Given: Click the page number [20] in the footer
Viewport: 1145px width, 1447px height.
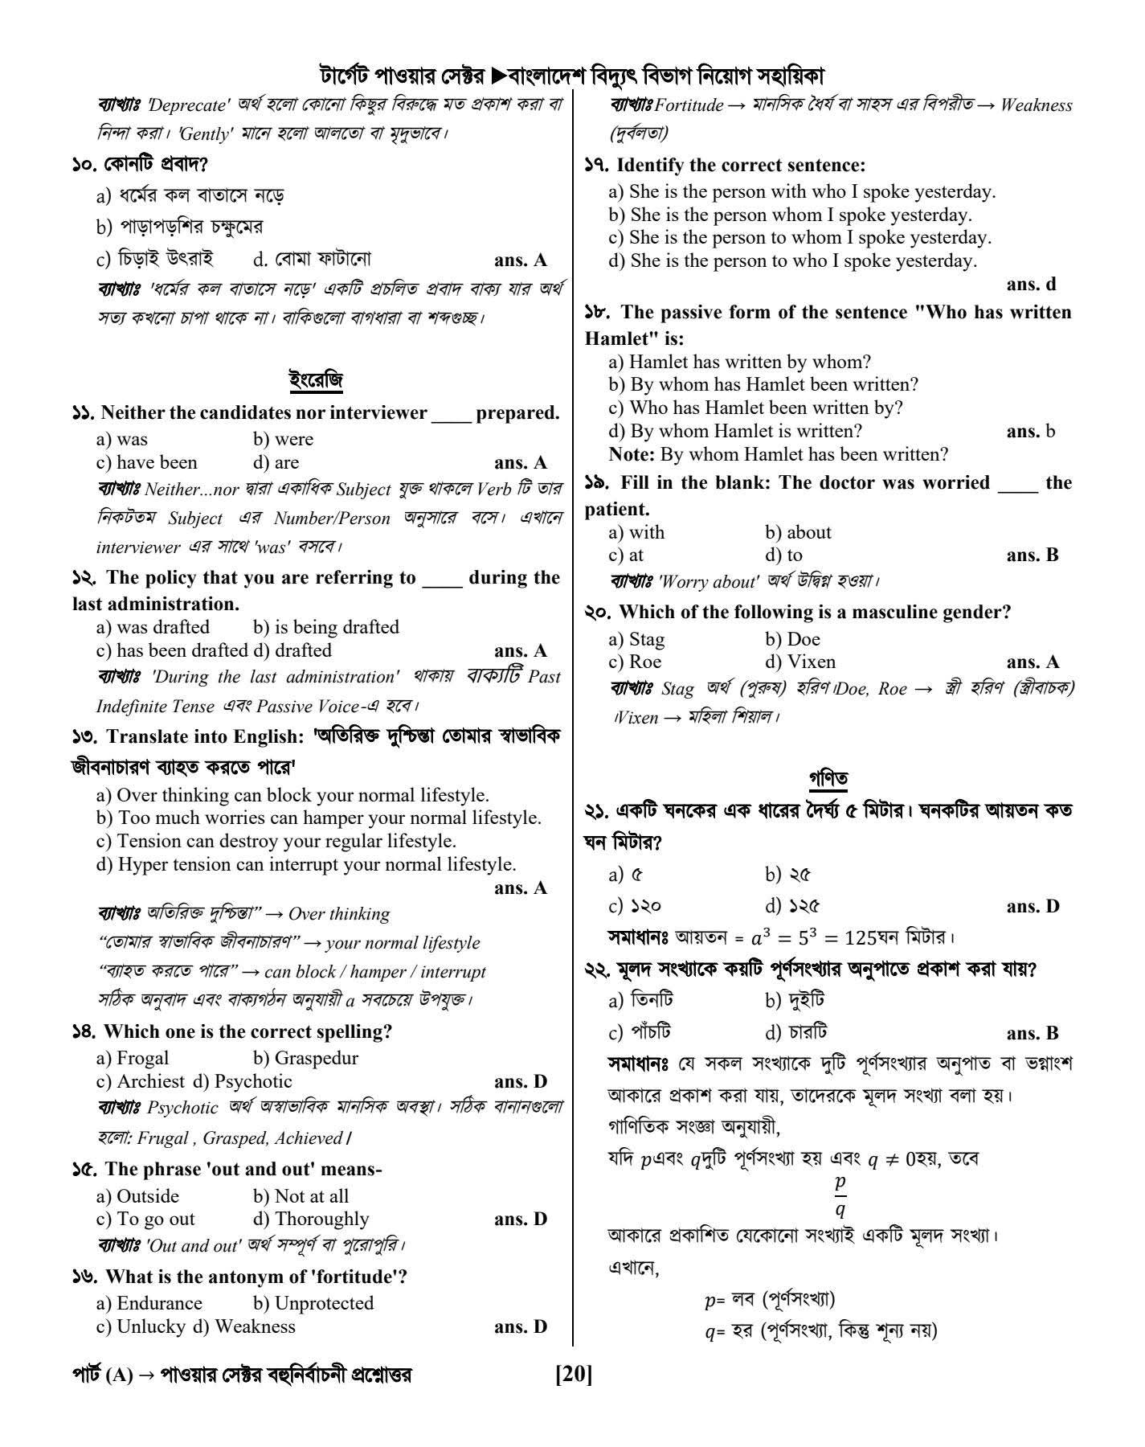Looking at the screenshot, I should (573, 1375).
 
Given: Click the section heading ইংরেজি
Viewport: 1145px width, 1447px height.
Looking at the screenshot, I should (316, 379).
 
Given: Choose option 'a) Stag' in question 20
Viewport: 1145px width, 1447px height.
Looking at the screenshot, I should (636, 639).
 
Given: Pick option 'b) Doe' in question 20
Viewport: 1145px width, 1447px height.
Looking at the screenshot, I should (792, 639).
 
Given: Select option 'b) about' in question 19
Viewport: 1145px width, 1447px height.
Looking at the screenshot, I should (798, 532).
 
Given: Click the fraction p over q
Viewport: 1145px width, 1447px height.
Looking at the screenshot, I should (840, 1195).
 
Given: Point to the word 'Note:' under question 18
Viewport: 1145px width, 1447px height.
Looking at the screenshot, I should (632, 454).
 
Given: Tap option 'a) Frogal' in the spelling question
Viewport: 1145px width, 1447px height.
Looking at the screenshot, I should (133, 1058).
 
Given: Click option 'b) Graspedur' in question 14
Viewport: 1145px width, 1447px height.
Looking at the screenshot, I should (305, 1058).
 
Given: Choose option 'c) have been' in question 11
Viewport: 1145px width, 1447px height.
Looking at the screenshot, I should (146, 462).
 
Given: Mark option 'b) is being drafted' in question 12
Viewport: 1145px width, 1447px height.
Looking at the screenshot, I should (325, 627).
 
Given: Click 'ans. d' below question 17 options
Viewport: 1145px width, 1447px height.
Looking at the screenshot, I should (1031, 284).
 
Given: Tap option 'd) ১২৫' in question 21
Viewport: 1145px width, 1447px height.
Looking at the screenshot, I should (792, 906).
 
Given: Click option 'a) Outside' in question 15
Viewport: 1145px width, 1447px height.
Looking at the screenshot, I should (137, 1196).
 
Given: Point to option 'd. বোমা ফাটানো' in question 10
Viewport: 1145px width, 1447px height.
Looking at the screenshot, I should (311, 259).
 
